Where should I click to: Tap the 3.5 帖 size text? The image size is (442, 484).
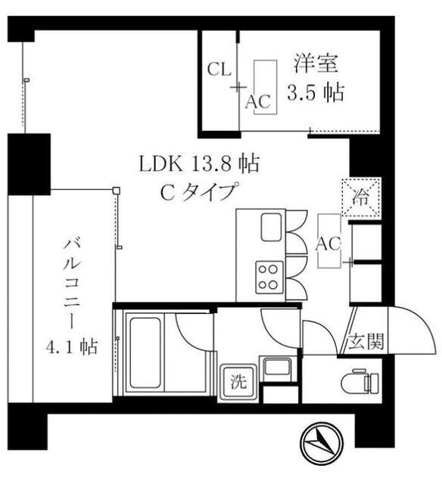coord(316,93)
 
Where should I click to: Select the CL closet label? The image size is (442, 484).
coord(219,70)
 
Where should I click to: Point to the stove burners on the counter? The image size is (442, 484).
coord(268,277)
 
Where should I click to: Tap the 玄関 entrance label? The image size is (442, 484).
coord(364,342)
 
